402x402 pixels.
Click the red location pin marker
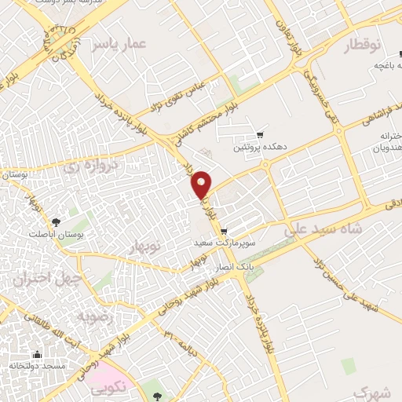pyautogui.click(x=202, y=185)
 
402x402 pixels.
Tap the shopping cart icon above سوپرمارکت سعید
pyautogui.click(x=225, y=231)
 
